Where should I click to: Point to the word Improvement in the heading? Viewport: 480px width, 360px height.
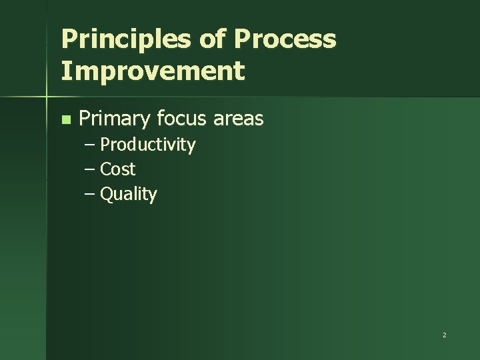153,70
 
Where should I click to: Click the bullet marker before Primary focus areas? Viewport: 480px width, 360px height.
65,120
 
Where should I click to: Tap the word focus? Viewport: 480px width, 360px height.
183,119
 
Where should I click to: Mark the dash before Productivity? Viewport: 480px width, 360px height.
89,145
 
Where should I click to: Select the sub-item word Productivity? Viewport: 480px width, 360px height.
147,145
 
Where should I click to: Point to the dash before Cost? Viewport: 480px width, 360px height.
89,169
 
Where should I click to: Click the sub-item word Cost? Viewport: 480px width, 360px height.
117,169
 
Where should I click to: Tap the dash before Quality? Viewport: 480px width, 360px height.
89,194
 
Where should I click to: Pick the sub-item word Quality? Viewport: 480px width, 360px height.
128,195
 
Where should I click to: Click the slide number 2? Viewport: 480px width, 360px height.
444,335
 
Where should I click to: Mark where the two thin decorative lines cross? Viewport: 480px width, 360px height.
46,97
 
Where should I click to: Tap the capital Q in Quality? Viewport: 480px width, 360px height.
106,194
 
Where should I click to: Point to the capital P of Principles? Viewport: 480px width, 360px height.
68,39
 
